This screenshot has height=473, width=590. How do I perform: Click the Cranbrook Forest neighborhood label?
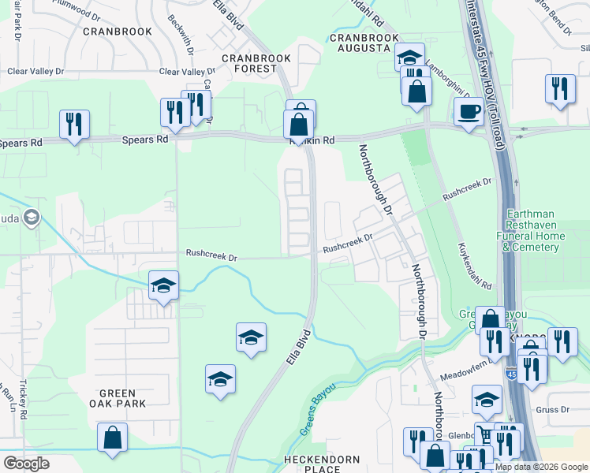click(256, 63)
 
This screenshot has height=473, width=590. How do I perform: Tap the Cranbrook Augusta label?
click(360, 43)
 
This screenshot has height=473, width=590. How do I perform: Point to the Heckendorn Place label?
click(322, 464)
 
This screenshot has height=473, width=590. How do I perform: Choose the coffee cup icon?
click(469, 112)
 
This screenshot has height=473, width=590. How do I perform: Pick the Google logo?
click(27, 464)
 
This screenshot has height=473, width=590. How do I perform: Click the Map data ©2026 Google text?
click(540, 467)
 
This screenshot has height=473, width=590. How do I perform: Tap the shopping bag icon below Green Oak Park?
click(112, 438)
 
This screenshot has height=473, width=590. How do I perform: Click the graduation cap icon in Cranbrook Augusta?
click(409, 57)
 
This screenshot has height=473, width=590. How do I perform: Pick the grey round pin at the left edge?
click(32, 218)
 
